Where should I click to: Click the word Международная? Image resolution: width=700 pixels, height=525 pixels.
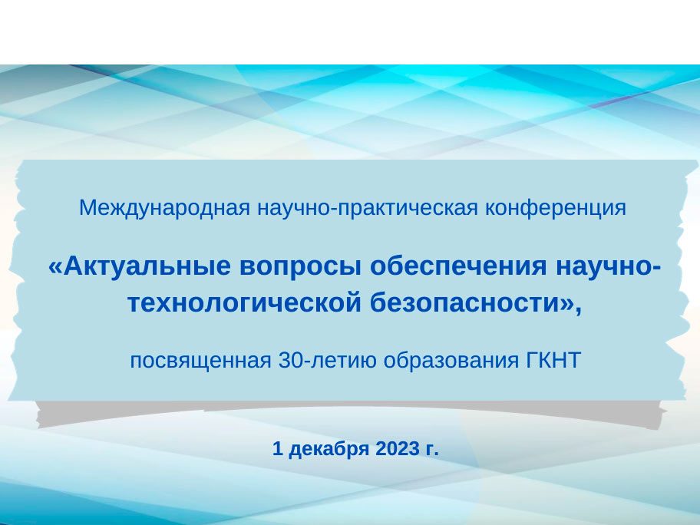164,208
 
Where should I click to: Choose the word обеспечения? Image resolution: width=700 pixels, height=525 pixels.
458,267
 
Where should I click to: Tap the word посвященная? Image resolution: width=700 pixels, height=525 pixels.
200,361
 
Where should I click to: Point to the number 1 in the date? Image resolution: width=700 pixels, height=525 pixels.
278,449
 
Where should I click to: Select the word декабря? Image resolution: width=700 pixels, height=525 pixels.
329,449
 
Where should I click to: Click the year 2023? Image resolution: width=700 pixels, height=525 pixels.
398,449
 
